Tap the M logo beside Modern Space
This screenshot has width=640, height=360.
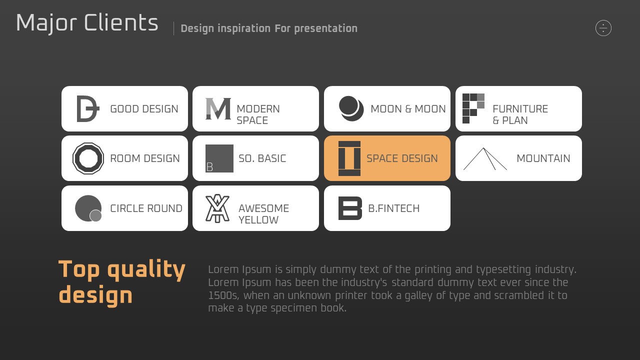coord(218,108)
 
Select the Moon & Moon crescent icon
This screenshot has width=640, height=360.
coord(351,108)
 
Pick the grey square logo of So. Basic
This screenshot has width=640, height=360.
coord(219,158)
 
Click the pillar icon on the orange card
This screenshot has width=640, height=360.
coord(349,158)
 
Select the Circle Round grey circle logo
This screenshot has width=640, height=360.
coord(88,208)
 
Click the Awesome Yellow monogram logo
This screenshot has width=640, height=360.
coord(217,208)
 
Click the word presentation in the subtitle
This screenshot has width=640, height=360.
coord(325,28)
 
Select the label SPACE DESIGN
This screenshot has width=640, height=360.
coord(402,158)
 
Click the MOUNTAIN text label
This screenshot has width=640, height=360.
coord(543,158)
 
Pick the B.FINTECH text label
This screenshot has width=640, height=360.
coord(393,208)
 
